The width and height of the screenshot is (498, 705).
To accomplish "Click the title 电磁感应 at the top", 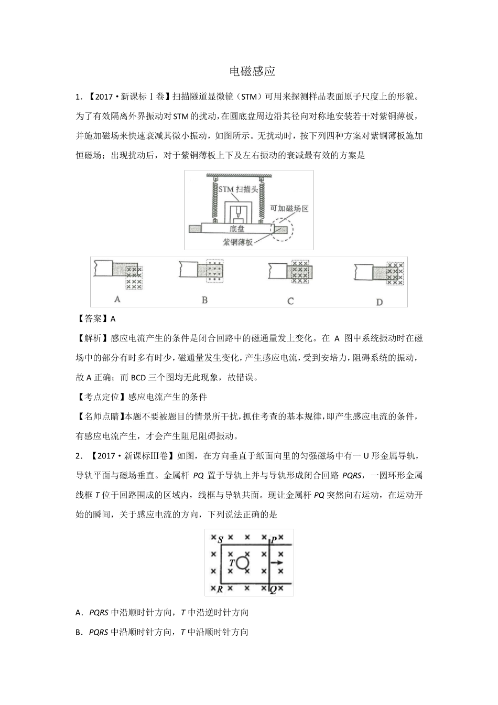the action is click(x=253, y=71).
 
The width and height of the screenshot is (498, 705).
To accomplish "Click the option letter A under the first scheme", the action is click(x=117, y=299).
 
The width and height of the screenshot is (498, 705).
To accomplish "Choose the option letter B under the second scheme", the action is click(x=204, y=300).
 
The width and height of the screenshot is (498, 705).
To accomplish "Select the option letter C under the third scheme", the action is click(x=290, y=301).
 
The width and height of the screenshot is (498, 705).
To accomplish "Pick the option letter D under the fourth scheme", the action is click(x=379, y=302).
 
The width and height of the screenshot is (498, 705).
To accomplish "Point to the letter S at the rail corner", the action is click(x=220, y=539).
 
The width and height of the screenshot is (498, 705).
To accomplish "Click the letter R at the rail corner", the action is click(x=220, y=589).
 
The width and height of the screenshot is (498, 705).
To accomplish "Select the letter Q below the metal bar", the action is click(x=273, y=590).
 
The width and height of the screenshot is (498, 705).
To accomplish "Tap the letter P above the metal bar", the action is click(x=274, y=540).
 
